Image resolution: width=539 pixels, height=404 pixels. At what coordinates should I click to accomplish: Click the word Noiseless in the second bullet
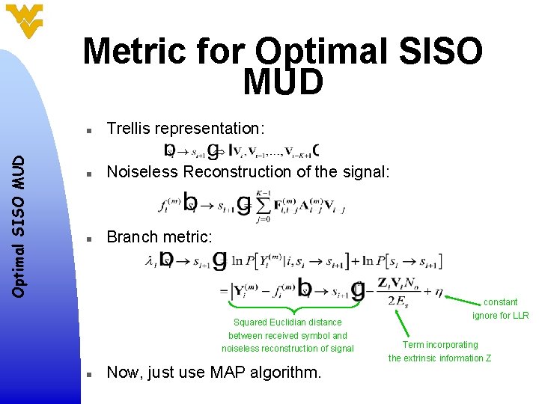(143, 172)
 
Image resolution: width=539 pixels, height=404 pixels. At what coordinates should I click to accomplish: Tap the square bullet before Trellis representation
(88, 129)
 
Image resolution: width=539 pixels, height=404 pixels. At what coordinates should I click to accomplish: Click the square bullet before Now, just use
(88, 373)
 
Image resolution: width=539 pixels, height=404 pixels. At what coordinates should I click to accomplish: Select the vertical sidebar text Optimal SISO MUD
(22, 213)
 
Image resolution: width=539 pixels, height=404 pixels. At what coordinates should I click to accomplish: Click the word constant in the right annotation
(500, 302)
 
